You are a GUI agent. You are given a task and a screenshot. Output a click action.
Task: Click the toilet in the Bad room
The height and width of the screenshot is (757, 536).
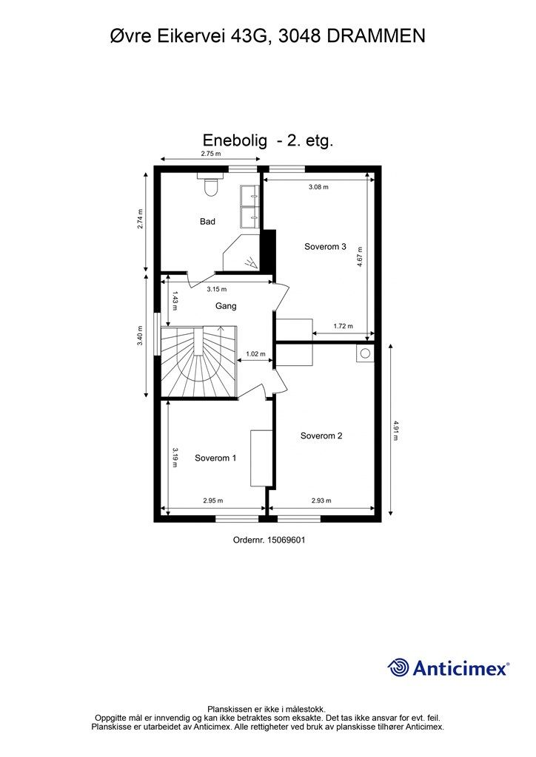click(x=210, y=186)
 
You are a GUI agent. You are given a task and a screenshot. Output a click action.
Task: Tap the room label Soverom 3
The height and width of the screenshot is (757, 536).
click(x=325, y=247)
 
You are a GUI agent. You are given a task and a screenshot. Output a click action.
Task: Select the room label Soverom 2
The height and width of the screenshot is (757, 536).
click(x=321, y=435)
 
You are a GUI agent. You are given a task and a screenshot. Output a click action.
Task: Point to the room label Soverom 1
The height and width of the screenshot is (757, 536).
click(x=215, y=458)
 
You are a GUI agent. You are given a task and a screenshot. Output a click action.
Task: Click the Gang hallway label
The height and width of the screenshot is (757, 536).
click(x=226, y=306)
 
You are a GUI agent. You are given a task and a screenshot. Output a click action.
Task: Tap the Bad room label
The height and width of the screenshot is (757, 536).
click(x=208, y=221)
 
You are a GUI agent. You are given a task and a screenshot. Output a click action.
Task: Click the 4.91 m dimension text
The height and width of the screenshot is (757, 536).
click(x=396, y=430)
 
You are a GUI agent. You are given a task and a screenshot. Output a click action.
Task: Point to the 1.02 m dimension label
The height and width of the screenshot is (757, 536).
click(x=255, y=354)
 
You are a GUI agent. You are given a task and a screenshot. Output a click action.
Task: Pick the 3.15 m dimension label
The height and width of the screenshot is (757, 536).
click(x=216, y=289)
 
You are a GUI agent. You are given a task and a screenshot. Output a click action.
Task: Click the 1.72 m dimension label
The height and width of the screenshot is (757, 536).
click(x=343, y=326)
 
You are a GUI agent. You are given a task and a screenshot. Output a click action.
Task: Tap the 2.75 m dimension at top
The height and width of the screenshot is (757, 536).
click(x=211, y=154)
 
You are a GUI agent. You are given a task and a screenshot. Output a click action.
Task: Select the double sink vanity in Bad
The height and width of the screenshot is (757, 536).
click(x=249, y=205)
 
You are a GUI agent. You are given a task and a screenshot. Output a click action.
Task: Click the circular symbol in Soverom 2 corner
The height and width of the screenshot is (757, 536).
click(x=364, y=354)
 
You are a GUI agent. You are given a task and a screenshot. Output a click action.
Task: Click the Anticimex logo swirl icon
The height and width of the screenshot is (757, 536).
click(x=398, y=668)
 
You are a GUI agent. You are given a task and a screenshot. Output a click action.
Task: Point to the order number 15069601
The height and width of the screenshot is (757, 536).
click(x=284, y=540)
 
